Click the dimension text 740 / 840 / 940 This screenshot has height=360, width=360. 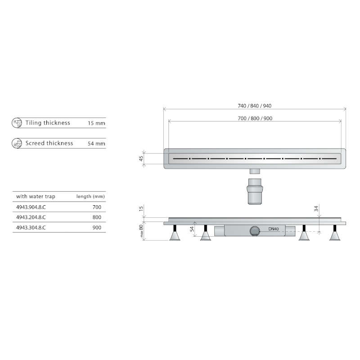(x=254, y=106)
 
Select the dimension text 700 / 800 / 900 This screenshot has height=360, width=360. (x=254, y=118)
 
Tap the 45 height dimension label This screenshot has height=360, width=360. (x=141, y=159)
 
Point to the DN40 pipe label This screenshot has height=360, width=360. (x=274, y=229)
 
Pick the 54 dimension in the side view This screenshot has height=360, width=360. (x=192, y=229)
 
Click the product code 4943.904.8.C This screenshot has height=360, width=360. (x=31, y=207)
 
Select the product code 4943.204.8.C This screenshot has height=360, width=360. (x=31, y=217)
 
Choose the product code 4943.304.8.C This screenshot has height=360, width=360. (x=31, y=227)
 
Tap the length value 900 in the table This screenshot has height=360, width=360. (x=96, y=227)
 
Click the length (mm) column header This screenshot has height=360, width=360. (x=90, y=197)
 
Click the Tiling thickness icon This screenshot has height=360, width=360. (x=17, y=123)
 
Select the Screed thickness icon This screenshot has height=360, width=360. (x=17, y=144)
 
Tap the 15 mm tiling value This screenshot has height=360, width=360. (x=97, y=123)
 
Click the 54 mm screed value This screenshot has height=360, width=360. (x=97, y=144)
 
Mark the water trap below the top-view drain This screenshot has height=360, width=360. (x=255, y=192)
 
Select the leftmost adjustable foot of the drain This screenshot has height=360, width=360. (x=175, y=235)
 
